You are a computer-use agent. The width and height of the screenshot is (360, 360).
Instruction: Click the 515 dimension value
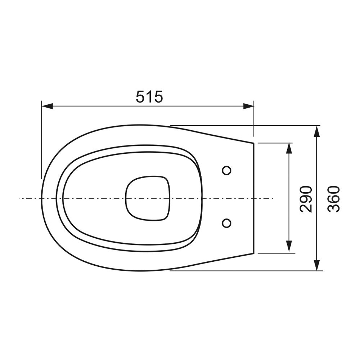[149, 96]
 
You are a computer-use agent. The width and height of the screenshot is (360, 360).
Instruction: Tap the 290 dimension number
[306, 199]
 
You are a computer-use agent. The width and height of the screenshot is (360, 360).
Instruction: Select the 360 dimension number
[333, 199]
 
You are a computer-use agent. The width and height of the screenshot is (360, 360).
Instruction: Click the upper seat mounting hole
[226, 171]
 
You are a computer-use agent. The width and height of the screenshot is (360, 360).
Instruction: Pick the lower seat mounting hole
[226, 223]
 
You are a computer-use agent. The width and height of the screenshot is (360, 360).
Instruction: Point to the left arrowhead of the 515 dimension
[47, 106]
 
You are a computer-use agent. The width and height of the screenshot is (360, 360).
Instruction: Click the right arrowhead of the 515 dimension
[248, 106]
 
